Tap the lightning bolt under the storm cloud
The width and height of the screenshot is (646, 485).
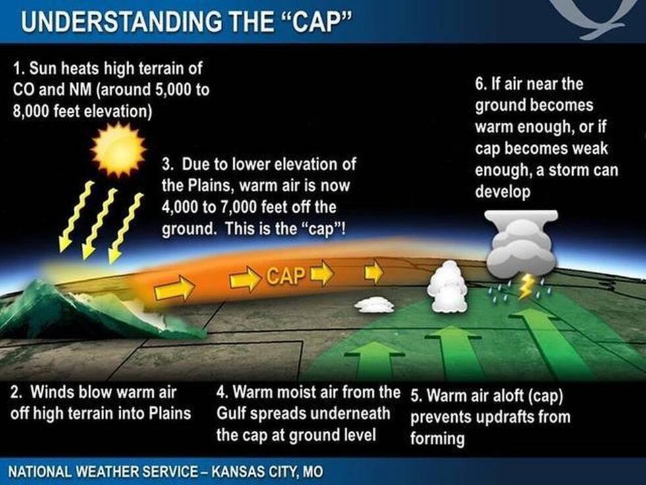pos(526,287)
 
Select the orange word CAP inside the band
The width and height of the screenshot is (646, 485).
pos(286,275)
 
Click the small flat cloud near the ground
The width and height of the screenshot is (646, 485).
pos(374,304)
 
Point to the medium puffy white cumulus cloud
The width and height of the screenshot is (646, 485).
pos(447,286)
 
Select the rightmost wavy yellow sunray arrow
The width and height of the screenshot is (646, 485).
pos(126,228)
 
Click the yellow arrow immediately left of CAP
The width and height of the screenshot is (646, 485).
pos(245,280)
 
